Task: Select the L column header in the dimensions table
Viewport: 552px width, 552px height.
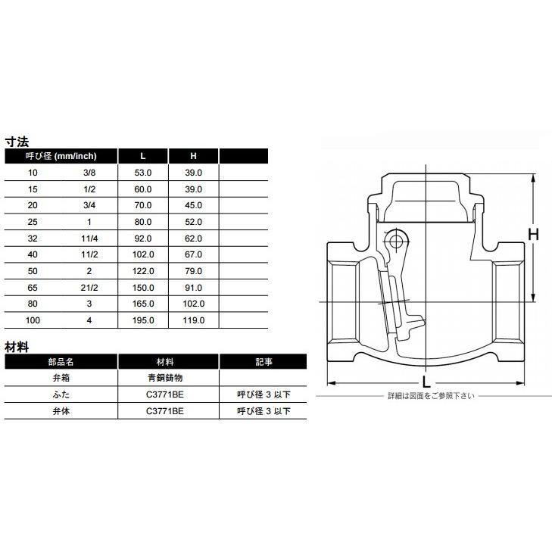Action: click(143, 156)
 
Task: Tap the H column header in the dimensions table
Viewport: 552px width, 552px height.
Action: click(193, 156)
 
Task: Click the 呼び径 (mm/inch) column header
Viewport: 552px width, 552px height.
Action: click(62, 156)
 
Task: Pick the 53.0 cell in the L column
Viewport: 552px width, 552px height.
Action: click(143, 173)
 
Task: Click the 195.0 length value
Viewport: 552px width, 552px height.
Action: click(143, 320)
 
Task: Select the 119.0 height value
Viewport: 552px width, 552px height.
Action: click(194, 320)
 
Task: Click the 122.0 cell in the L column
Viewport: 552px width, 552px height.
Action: click(143, 271)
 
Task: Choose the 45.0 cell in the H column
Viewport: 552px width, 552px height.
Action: click(194, 205)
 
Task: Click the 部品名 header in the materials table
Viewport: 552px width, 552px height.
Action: click(62, 361)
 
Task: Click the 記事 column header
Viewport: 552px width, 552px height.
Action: click(264, 361)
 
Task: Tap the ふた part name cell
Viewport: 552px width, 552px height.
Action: click(62, 395)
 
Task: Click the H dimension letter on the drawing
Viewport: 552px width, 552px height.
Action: click(532, 235)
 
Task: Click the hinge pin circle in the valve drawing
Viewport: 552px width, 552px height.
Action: click(393, 241)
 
